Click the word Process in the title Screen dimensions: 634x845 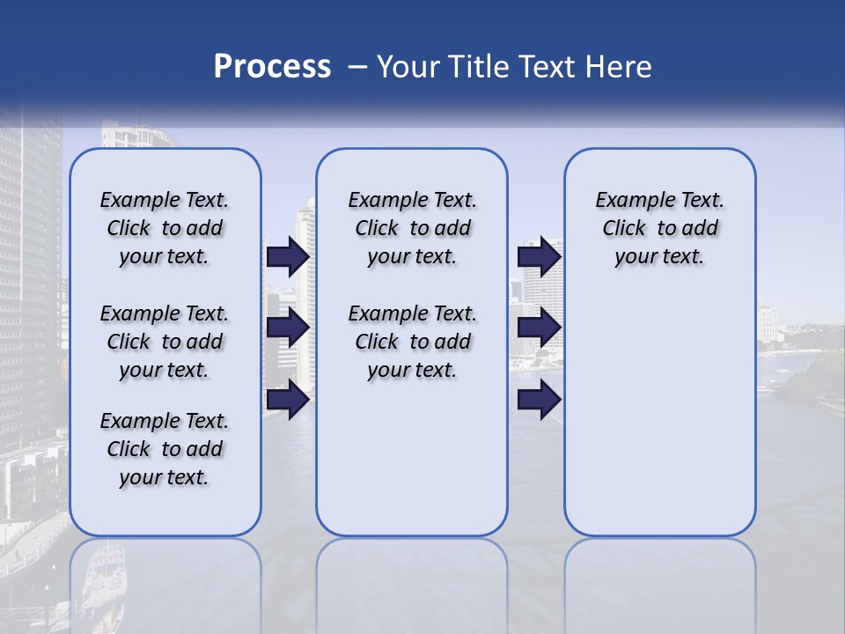point(272,67)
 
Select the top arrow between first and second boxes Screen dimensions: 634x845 point(288,256)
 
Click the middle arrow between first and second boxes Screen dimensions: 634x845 point(288,328)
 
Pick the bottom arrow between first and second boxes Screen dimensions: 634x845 point(288,400)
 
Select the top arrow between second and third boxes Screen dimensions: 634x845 point(539,256)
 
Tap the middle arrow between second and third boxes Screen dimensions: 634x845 point(539,328)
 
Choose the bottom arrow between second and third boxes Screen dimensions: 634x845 point(539,400)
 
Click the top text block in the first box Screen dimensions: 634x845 point(165,228)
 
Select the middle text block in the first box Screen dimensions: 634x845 point(165,342)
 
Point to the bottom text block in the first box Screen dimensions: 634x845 point(165,449)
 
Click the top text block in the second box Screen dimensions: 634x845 point(412,228)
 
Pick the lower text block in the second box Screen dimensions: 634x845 point(412,342)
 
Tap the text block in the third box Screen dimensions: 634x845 point(659,228)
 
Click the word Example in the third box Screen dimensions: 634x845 point(631,201)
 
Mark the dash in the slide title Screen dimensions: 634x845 point(357,67)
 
